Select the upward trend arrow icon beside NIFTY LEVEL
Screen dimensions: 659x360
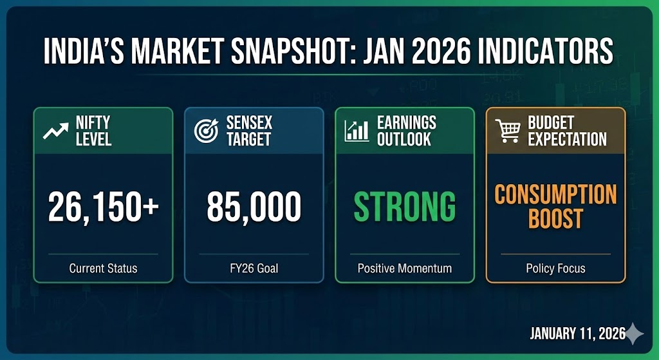coord(55,131)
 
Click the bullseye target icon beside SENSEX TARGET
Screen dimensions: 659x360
coord(207,130)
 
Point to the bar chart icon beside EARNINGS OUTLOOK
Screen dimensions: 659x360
coord(357,131)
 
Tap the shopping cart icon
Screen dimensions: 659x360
coord(508,130)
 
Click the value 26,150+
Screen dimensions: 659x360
coord(104,207)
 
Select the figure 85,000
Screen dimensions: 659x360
coord(254,207)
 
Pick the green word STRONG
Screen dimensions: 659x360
coord(404,207)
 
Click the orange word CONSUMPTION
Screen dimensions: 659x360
coord(555,194)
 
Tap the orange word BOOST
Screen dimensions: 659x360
coord(555,218)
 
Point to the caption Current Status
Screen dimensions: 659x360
coord(104,269)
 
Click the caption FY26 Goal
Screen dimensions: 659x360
coord(254,269)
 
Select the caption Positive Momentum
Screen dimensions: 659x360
coord(405,269)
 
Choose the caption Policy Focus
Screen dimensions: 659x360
coord(555,269)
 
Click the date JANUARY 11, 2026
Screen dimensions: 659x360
coord(577,334)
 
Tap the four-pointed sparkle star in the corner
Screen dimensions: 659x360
coord(634,334)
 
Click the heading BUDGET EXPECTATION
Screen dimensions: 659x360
coord(568,131)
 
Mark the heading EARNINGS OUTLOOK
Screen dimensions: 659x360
coord(407,131)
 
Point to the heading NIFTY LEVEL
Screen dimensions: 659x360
coord(93,131)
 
